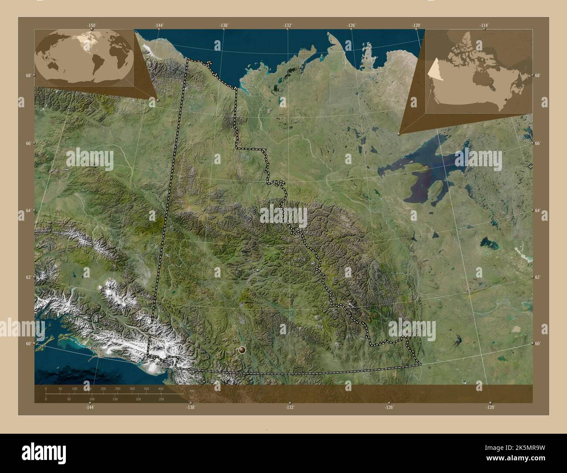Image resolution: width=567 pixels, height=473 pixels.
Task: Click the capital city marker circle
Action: click(242, 350)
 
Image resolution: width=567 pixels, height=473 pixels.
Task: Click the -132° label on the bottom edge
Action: click(290, 407)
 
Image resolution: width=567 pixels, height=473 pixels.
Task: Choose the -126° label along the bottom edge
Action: click(389, 407)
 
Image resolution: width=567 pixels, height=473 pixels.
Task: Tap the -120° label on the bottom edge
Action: click(490, 407)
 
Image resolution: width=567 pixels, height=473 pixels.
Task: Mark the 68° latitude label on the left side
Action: click(28, 75)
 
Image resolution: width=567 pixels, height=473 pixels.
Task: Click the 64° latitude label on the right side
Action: click(538, 211)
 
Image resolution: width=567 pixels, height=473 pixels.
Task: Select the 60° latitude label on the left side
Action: click(28, 344)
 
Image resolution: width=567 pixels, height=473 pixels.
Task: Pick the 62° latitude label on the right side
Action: click(538, 278)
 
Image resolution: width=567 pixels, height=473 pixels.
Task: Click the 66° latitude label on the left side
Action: click(28, 144)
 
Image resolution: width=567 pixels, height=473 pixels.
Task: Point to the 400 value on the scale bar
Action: click(161, 388)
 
